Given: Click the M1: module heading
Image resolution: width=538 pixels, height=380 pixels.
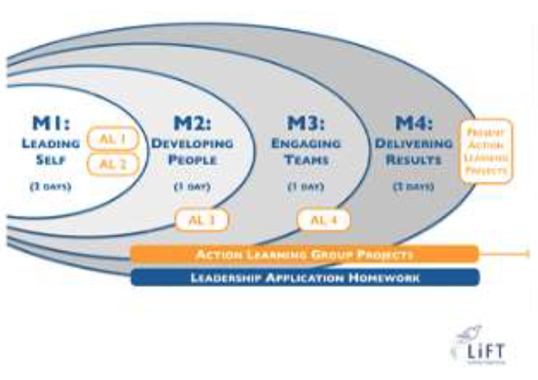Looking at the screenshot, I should point(52,124).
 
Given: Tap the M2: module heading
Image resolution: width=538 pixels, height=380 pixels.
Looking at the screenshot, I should point(192,124).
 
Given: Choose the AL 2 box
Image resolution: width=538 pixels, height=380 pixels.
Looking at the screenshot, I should point(114,164).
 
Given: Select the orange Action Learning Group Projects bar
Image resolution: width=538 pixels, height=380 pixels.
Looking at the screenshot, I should point(304,254).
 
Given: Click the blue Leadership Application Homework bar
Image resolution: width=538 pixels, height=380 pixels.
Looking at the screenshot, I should point(304,277).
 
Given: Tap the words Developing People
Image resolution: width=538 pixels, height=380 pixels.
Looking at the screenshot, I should point(192,152).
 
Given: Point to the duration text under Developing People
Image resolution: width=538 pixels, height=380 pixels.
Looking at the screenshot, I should point(192,186).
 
